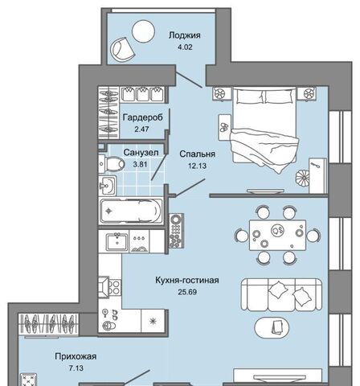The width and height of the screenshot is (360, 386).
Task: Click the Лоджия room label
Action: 185,35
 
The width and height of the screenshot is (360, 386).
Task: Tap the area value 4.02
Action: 185,47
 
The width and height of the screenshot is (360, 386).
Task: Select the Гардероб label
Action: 143,117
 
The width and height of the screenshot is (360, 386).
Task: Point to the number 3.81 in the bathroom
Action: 141,164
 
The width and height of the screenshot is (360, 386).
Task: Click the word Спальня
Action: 198,154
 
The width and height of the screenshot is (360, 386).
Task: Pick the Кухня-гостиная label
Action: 187,280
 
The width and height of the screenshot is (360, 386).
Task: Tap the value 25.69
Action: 187,292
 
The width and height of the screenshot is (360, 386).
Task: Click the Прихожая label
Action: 76,356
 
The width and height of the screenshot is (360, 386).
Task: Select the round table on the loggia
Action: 143,31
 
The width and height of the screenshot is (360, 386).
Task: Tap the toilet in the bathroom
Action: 112,163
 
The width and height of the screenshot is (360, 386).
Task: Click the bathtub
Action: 131,211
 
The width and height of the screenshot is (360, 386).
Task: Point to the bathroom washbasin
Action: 108,185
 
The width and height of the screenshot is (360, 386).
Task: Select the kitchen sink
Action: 117,242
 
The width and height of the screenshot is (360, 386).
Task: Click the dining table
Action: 277,235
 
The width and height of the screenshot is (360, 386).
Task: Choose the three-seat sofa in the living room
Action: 281,295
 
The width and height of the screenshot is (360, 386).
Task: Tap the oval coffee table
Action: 272,327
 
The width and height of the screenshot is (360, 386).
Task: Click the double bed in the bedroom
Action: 264,129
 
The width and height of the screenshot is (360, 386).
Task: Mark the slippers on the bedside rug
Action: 223,127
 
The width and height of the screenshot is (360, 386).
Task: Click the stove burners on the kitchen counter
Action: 115,287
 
